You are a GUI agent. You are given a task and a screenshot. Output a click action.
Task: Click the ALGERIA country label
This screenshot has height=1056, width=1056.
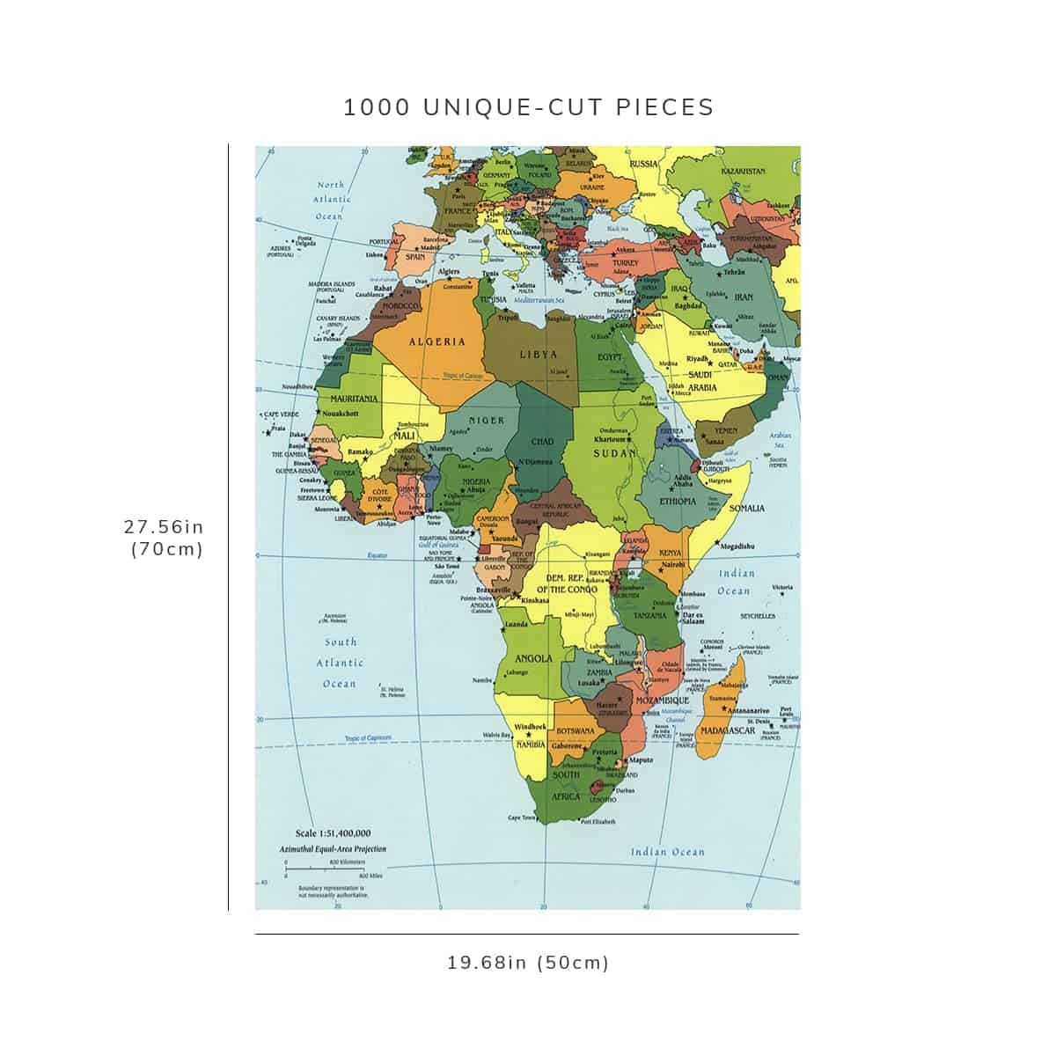tap(436, 341)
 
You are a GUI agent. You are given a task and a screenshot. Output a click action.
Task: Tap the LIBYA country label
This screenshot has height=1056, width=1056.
tap(538, 355)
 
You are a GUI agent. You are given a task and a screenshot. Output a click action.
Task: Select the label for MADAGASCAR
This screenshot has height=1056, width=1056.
tap(729, 730)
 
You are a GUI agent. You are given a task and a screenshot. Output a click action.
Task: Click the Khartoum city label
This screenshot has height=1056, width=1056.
tap(609, 439)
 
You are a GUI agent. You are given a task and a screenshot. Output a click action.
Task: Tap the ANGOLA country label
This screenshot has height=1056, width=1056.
tap(533, 658)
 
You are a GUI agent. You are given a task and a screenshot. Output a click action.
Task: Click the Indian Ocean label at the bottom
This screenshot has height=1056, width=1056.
tap(667, 852)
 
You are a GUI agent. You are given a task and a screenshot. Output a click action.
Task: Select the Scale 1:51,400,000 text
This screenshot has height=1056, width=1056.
tap(333, 833)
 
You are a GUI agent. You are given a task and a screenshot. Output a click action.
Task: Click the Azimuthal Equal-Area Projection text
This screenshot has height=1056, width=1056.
tap(332, 849)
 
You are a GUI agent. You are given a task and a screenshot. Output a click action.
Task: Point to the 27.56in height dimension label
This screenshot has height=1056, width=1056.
tap(164, 527)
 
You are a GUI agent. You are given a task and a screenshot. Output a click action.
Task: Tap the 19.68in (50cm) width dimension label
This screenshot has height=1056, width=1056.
tap(528, 963)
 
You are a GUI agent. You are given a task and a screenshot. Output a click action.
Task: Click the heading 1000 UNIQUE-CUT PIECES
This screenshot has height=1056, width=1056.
tap(528, 107)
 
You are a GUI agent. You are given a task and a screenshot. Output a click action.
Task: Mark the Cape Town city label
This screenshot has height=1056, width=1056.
tap(521, 818)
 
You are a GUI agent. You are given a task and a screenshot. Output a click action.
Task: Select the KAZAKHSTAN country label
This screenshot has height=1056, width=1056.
tap(743, 171)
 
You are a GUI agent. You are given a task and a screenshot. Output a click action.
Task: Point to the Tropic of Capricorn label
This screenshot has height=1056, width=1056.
tap(368, 738)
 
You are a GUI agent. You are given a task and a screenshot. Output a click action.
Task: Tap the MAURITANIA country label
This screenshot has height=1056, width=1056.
tap(354, 399)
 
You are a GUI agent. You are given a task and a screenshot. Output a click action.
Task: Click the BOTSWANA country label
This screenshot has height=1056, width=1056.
tap(576, 731)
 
